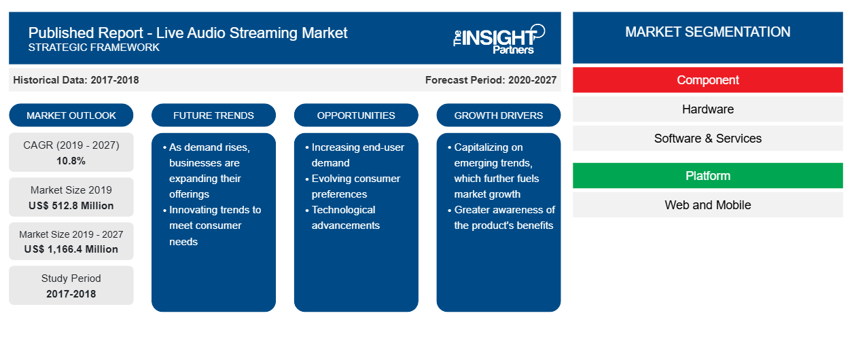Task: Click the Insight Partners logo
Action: coord(499,39)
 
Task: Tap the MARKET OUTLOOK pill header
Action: coord(71,115)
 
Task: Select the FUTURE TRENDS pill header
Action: coord(213,115)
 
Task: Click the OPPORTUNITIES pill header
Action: coord(356,115)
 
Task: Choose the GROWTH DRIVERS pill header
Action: coord(499,115)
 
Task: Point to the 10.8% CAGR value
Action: coord(71,161)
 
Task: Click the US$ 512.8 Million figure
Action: coord(71,206)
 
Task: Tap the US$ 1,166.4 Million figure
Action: coord(71,249)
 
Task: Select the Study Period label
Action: coord(71,278)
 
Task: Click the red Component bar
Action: coord(708,80)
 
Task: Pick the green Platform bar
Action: coord(708,176)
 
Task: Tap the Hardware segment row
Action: coord(708,109)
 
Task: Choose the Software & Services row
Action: coord(708,139)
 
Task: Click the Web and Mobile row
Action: coord(708,205)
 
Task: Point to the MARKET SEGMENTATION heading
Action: coord(708,32)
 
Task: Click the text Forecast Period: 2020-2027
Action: coord(491,80)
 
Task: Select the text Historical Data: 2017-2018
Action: coord(76,80)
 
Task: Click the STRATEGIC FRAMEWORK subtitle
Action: coord(94,48)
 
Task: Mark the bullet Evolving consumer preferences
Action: coord(353,186)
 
